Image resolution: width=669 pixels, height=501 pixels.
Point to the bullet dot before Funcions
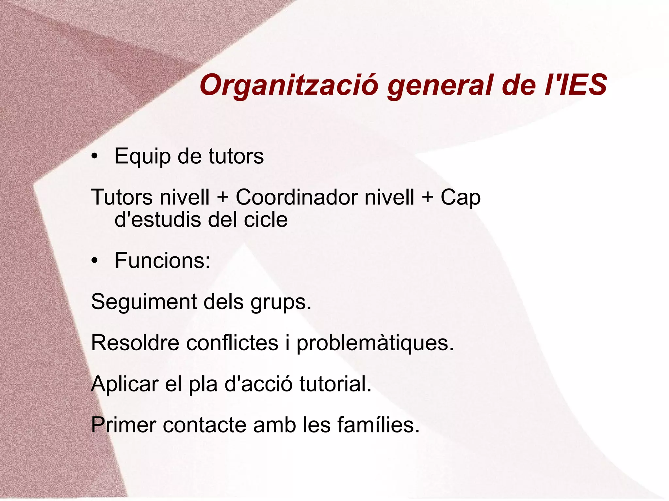point(95,261)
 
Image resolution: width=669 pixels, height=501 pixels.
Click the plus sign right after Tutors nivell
point(222,198)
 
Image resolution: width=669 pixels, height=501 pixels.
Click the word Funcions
point(162,261)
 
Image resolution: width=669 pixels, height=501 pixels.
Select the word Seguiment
point(144,302)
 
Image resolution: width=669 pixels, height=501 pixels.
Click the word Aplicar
point(124,385)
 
